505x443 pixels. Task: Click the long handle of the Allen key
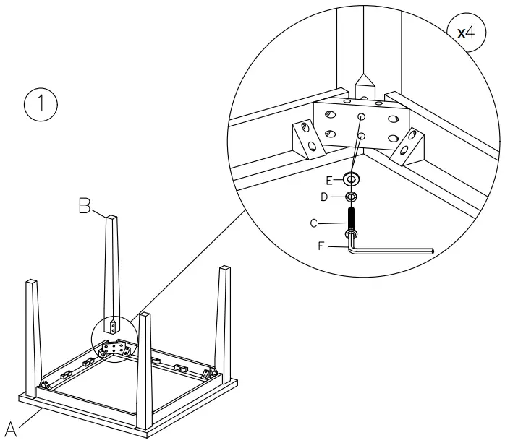pyautogui.click(x=394, y=249)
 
